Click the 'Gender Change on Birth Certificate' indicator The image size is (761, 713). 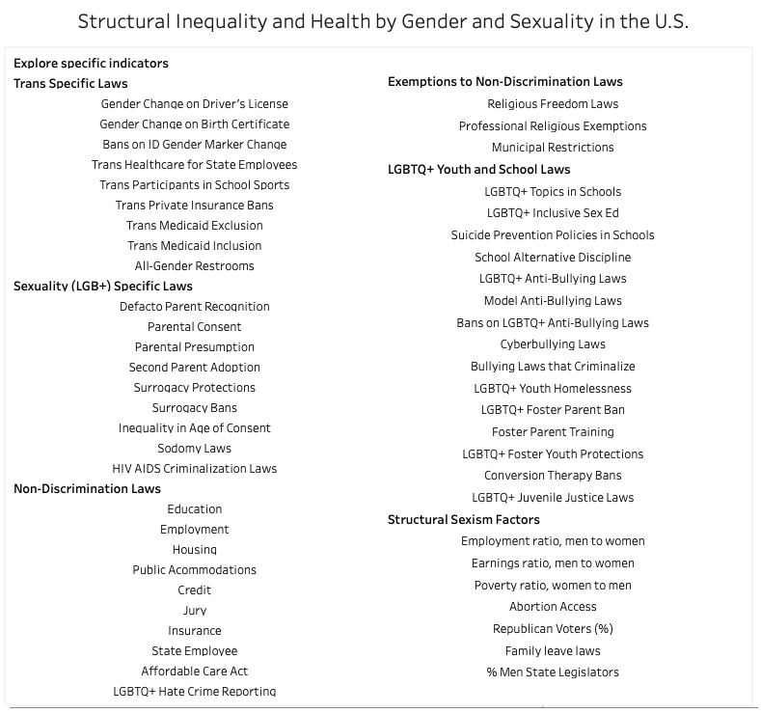tap(194, 124)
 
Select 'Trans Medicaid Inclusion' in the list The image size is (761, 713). tap(194, 246)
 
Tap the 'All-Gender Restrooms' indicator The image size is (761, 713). tap(194, 266)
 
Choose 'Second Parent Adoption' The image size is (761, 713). tap(194, 368)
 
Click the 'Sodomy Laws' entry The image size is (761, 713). tap(194, 449)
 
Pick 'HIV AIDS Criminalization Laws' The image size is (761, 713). tap(194, 468)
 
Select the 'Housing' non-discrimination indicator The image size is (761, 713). tap(194, 549)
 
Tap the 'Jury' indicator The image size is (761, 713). tap(194, 610)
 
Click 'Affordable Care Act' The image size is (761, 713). tap(194, 672)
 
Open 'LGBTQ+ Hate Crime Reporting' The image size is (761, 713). tap(194, 691)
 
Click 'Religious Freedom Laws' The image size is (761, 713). tap(553, 104)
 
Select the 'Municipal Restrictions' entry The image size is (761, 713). tap(553, 148)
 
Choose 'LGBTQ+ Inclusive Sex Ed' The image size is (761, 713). tap(553, 213)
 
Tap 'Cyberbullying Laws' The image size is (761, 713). tap(553, 344)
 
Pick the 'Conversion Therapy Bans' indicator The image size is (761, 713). tap(553, 476)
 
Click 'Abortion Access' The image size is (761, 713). tap(553, 607)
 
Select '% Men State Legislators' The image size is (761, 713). tap(553, 672)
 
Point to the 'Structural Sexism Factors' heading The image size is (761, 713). tap(464, 520)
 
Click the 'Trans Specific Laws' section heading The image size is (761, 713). tap(70, 84)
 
